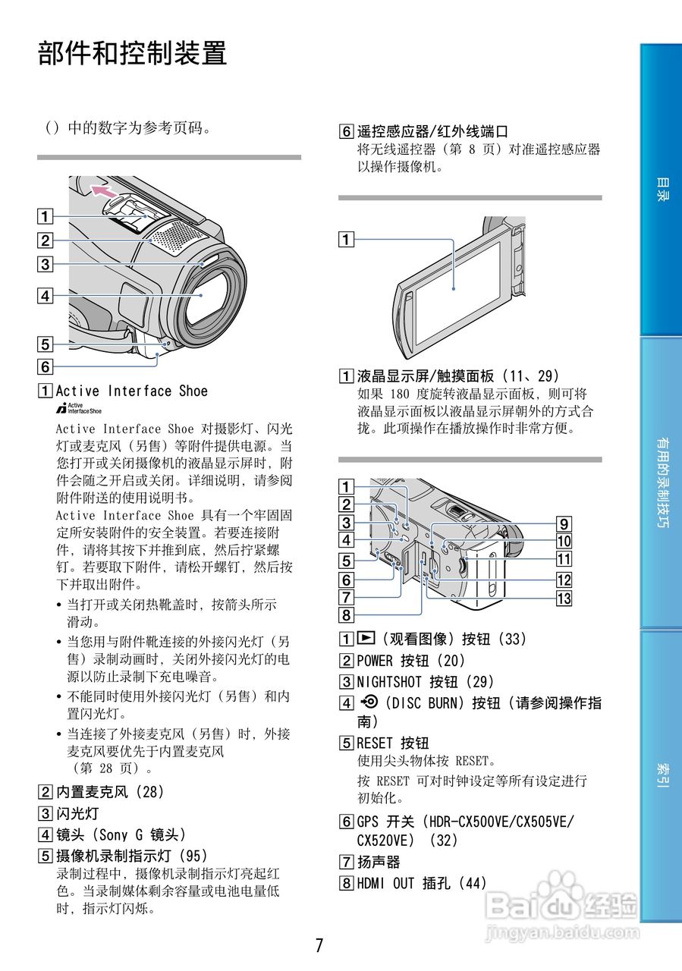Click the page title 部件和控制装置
click(x=133, y=54)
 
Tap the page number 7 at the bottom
click(x=319, y=945)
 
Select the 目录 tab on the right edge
click(x=662, y=190)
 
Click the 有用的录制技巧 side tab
click(x=662, y=482)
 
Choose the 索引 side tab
click(x=662, y=775)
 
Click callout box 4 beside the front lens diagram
click(x=46, y=296)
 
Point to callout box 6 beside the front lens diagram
click(x=46, y=366)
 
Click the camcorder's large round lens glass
click(x=201, y=296)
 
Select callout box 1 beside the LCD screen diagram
click(x=346, y=240)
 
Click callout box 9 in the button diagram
click(x=564, y=523)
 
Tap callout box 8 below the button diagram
click(x=346, y=615)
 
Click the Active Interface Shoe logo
click(x=79, y=408)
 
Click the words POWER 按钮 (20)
click(x=411, y=661)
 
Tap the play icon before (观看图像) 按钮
click(x=367, y=639)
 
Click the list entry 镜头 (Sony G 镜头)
click(x=121, y=834)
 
